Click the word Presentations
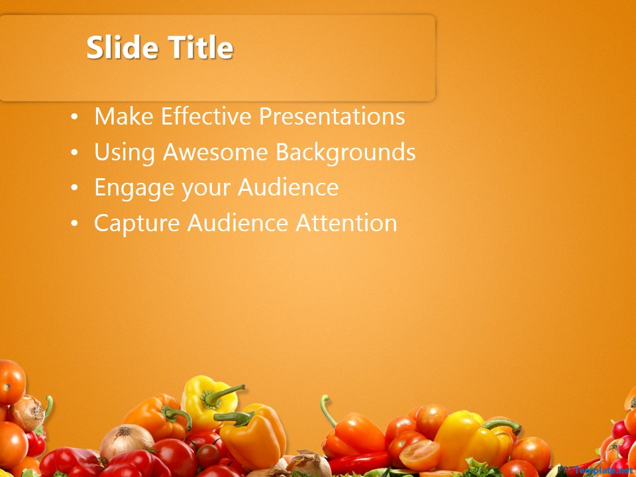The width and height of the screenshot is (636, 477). (x=332, y=117)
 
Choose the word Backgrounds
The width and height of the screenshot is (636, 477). (x=346, y=152)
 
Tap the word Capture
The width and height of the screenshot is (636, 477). (x=137, y=223)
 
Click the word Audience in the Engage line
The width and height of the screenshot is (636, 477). (x=288, y=188)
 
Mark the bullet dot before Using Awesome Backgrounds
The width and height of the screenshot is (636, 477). (x=75, y=153)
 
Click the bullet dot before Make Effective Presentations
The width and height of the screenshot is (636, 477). (x=75, y=117)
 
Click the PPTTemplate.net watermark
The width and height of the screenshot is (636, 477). (x=603, y=470)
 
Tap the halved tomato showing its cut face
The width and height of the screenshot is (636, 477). (x=421, y=455)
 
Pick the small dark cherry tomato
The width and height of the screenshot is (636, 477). (x=207, y=454)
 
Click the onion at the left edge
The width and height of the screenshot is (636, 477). (x=26, y=413)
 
